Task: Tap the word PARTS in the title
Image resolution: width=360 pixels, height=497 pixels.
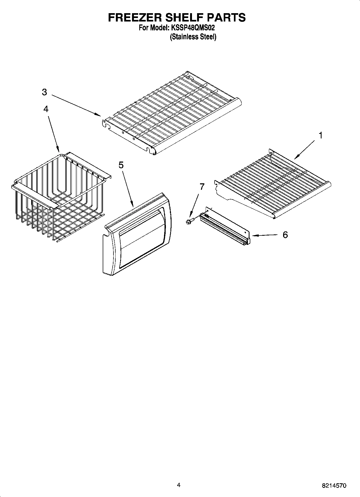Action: pyautogui.click(x=226, y=17)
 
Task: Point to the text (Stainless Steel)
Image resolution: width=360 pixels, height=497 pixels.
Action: pyautogui.click(x=193, y=37)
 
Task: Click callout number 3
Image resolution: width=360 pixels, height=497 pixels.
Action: pyautogui.click(x=44, y=92)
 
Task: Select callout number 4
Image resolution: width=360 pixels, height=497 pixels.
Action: pyautogui.click(x=46, y=109)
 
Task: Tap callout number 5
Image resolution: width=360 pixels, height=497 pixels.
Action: pyautogui.click(x=121, y=165)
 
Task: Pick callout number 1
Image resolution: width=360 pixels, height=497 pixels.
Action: pyautogui.click(x=320, y=135)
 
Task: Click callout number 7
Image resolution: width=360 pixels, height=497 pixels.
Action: pyautogui.click(x=202, y=187)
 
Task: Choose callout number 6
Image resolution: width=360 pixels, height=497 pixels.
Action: pyautogui.click(x=285, y=235)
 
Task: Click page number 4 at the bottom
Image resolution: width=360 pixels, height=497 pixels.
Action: pyautogui.click(x=179, y=485)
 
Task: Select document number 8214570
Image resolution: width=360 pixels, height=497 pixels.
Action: pyautogui.click(x=334, y=486)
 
